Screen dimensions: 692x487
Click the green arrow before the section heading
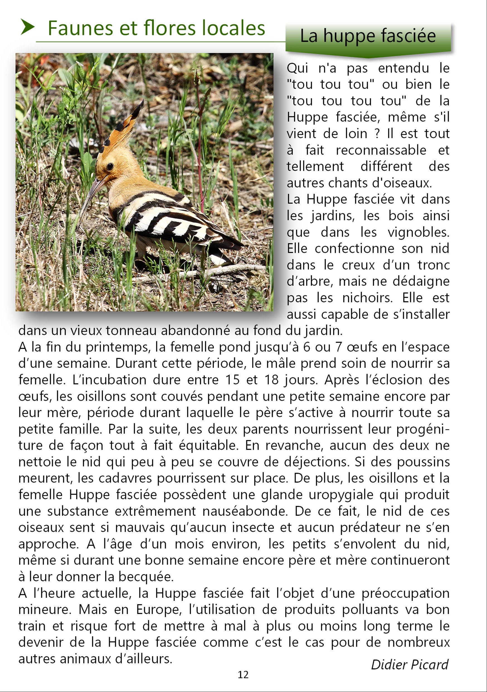tap(27, 27)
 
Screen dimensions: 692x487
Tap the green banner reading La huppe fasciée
tap(368, 37)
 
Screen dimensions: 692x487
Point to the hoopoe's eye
tap(110, 166)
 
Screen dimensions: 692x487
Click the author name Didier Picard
tap(409, 665)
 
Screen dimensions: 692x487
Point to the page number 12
tap(243, 674)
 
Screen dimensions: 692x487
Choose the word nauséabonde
tap(245, 511)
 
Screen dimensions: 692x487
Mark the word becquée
tap(146, 577)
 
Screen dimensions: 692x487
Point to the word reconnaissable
tap(381, 150)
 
